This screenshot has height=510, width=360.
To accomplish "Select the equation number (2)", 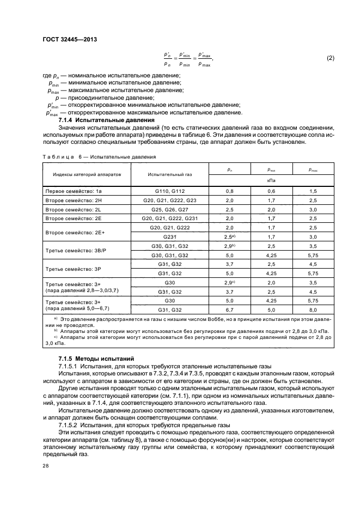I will pyautogui.click(x=330, y=58).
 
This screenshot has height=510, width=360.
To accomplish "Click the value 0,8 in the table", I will pyautogui.click(x=229, y=191).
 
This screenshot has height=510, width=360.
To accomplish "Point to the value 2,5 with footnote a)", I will pyautogui.click(x=229, y=237).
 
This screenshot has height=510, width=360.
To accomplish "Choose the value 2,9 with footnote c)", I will pyautogui.click(x=229, y=283).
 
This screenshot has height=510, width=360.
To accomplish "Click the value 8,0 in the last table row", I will pyautogui.click(x=313, y=310).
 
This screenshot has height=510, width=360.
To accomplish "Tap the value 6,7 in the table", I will pyautogui.click(x=229, y=310).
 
